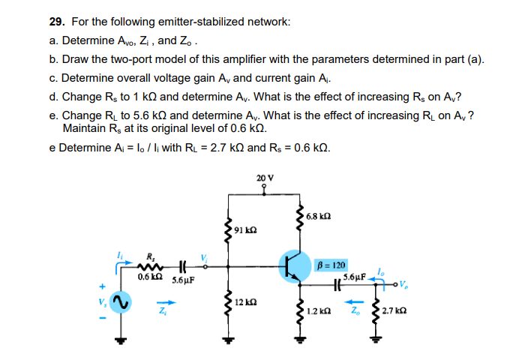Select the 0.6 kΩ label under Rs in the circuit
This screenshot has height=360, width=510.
tap(148, 277)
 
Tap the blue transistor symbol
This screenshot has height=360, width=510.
tap(292, 264)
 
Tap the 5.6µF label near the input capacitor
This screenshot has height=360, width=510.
tap(184, 280)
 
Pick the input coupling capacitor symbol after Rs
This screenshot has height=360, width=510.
tap(181, 265)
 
